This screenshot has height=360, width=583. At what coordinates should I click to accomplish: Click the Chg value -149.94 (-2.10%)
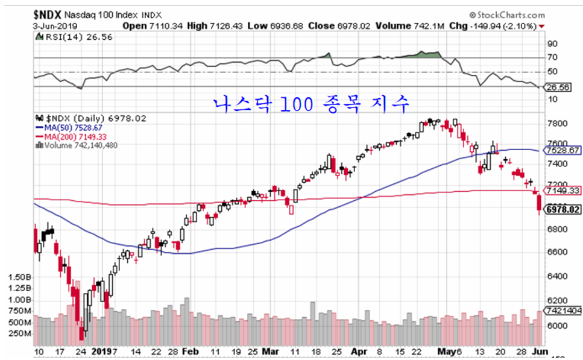click(507, 26)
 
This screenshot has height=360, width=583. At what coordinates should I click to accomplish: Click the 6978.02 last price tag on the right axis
click(563, 210)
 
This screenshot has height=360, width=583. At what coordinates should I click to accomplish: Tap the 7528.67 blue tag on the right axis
click(563, 150)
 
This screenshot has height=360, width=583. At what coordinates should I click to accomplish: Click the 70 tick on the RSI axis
click(552, 57)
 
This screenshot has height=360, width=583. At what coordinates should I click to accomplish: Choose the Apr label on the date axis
click(359, 350)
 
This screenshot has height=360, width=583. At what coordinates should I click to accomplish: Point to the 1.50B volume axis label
click(19, 277)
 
